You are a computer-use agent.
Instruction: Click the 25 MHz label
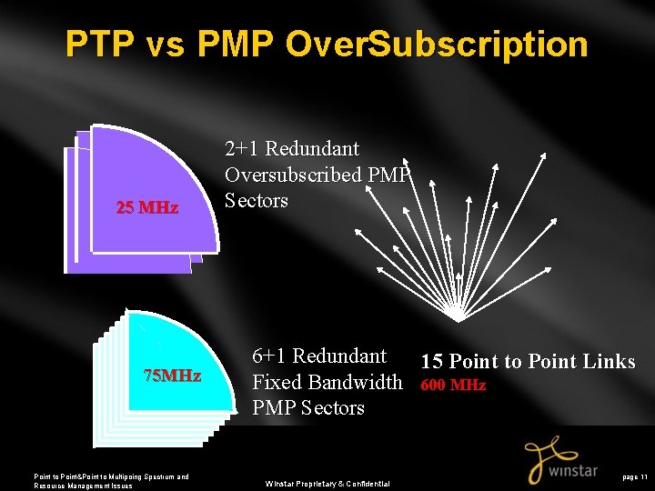point(147,207)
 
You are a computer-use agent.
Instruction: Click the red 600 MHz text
point(453,385)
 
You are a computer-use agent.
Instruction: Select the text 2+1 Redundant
point(292,148)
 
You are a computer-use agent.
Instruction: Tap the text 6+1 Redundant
point(319,356)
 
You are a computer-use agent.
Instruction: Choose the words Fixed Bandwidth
point(327,382)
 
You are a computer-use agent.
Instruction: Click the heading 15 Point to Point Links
point(528,361)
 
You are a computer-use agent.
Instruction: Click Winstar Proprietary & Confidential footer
point(327,483)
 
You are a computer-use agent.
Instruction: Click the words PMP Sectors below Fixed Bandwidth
point(307,408)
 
